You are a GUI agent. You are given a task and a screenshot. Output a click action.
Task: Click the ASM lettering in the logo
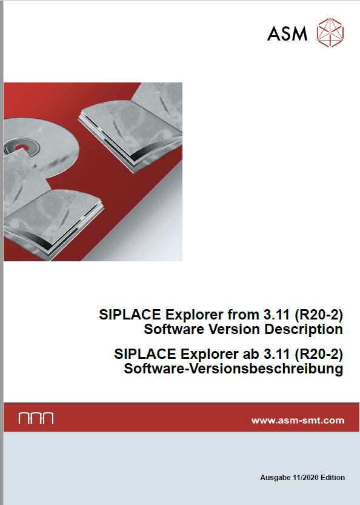point(287,33)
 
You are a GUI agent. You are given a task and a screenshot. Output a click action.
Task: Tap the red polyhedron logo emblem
point(330,33)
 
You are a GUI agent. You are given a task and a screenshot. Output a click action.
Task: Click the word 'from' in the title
point(244,315)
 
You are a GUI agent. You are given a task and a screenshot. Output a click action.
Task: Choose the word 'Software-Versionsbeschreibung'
point(233,369)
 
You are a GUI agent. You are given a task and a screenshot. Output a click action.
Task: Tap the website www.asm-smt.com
point(298,420)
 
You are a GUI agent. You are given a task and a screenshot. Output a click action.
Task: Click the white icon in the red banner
point(36,418)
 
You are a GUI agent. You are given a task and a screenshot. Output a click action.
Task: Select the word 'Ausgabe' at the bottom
point(275,477)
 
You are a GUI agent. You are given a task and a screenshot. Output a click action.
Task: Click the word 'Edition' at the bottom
point(333,477)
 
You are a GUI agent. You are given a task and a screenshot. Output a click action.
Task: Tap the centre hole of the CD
point(19,149)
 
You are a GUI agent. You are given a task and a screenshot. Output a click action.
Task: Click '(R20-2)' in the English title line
point(319,315)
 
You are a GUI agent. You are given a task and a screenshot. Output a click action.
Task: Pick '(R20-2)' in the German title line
point(319,354)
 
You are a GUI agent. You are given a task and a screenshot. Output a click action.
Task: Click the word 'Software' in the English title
point(174,329)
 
